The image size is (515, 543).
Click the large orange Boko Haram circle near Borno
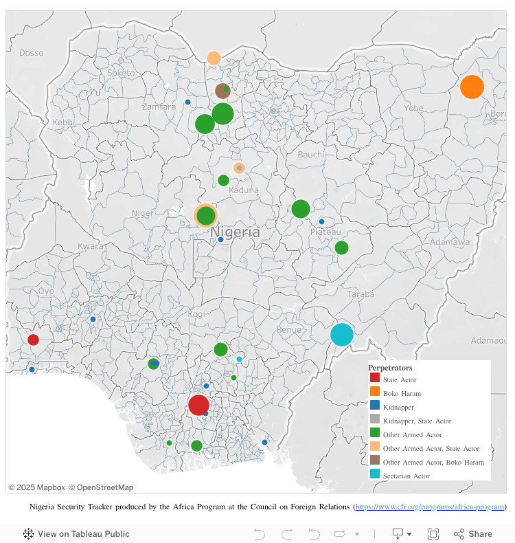point(472,87)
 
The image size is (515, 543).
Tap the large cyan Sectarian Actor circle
point(341,335)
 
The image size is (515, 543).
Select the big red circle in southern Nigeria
point(198,405)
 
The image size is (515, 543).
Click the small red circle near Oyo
point(33,340)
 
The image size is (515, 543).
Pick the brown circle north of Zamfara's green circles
point(222,91)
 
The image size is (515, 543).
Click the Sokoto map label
point(122,72)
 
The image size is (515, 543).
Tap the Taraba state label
point(362,293)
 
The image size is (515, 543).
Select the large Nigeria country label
point(235,232)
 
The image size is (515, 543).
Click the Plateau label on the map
point(325,232)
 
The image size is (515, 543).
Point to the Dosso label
point(32,53)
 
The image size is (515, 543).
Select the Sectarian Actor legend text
point(407,476)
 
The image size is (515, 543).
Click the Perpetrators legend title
point(390,368)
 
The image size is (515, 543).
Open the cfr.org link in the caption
point(430,507)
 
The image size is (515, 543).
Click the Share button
point(473,534)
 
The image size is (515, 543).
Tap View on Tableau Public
point(76,534)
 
